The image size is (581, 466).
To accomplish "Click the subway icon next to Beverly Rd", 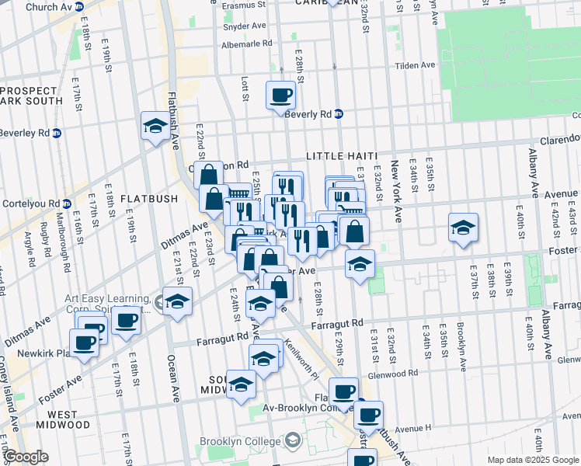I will pos(339,113).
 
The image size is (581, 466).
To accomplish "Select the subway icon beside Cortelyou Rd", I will pos(67,204).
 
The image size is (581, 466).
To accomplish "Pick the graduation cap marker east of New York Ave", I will pos(463,228).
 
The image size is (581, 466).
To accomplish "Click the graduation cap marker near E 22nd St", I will pos(155,127).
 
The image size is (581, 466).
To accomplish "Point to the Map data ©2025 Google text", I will pos(532,460).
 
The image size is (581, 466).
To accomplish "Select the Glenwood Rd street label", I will pos(417,374).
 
